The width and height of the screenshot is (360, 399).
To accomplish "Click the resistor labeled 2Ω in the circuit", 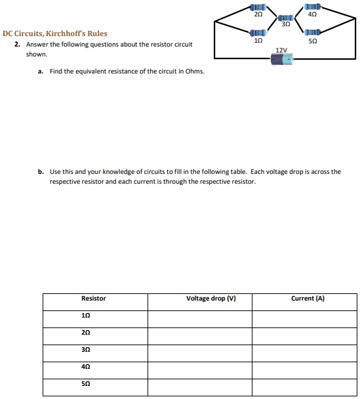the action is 258,8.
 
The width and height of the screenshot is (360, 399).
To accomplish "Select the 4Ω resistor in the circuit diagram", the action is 312,8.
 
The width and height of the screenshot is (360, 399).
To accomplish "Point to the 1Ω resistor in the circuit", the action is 258,31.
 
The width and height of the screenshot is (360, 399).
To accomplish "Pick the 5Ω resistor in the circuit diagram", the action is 312,31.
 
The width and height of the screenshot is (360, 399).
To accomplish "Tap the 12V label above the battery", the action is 282,49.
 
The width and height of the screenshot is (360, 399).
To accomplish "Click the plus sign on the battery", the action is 294,60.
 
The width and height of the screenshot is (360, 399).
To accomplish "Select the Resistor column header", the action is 94,299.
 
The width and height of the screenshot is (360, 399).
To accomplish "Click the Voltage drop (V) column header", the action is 211,299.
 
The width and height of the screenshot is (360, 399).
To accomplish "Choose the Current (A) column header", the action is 308,299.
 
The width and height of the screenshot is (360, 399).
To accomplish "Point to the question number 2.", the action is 16,44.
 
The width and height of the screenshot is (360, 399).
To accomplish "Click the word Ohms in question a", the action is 196,72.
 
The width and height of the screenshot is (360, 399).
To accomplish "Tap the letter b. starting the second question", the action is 41,172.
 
